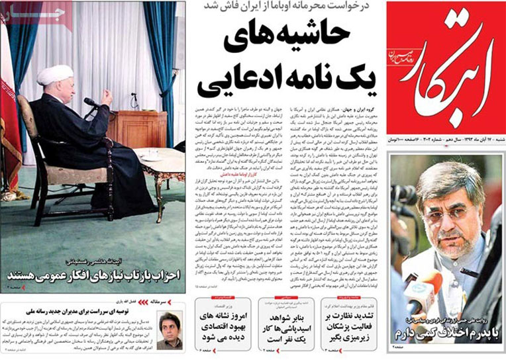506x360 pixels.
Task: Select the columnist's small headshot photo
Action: coord(170,329)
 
